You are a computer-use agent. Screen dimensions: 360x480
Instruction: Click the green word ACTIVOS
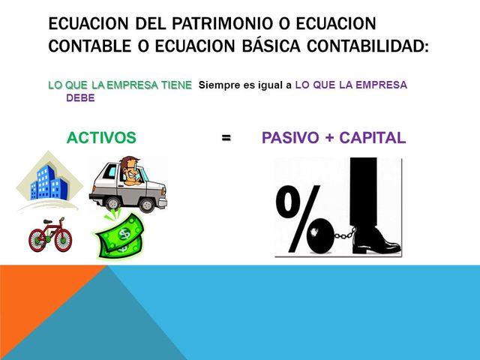click(101, 138)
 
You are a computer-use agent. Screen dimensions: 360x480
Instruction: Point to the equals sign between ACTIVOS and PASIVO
click(226, 138)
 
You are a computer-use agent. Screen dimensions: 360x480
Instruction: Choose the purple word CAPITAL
click(373, 138)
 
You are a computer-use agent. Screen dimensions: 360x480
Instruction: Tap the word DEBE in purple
click(80, 98)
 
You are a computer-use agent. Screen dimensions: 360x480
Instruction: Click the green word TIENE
click(175, 85)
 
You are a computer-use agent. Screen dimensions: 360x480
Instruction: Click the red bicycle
click(50, 236)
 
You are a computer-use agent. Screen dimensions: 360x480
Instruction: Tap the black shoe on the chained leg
click(376, 241)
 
